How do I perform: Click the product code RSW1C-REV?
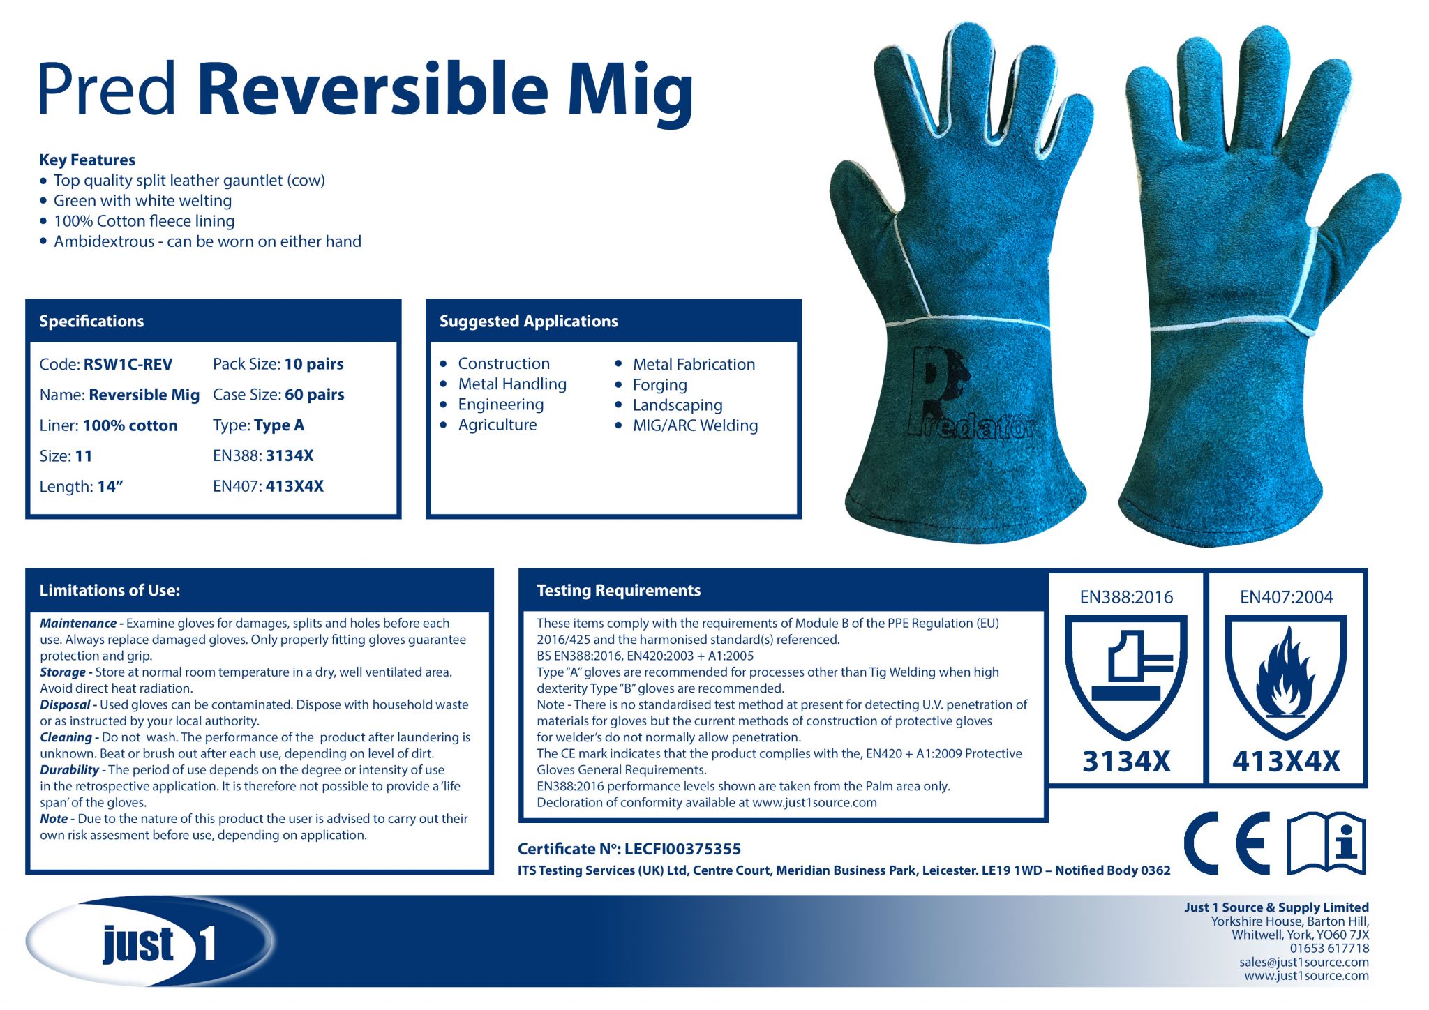point(128,364)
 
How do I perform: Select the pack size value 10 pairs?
point(313,364)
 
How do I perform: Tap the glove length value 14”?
point(110,487)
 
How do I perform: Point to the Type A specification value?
point(278,425)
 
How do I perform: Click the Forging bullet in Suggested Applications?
point(659,385)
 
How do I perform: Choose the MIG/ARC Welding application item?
point(694,425)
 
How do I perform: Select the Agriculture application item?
point(497,425)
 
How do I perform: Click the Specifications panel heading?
point(91,322)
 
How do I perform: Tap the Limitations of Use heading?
point(110,591)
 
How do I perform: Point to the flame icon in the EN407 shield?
point(1285,673)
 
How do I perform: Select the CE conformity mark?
point(1227,843)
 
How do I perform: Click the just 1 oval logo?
point(150,942)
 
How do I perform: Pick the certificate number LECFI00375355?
point(682,849)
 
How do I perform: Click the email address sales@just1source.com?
point(1303,962)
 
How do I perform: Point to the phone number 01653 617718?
point(1329,949)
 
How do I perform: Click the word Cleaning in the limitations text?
point(66,737)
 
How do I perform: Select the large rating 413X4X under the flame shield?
point(1285,762)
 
